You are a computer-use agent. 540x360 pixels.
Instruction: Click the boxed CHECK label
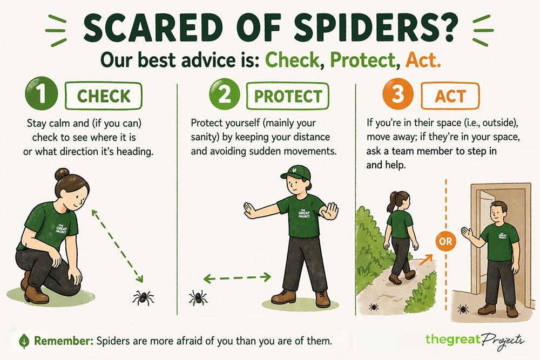104,96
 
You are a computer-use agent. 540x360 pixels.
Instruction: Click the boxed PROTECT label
288,96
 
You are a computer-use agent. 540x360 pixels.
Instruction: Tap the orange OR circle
446,241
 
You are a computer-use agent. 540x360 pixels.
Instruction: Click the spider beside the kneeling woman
144,296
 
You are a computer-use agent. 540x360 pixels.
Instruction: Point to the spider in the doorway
462,309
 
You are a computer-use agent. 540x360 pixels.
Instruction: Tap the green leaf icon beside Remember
24,341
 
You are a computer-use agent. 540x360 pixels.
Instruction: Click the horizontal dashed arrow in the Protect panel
237,278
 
